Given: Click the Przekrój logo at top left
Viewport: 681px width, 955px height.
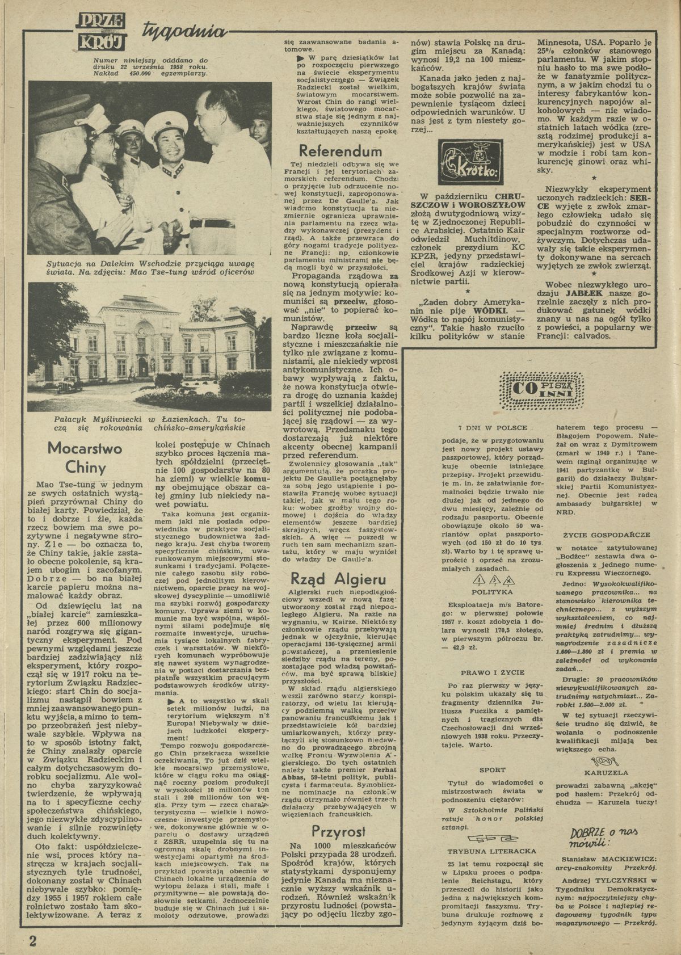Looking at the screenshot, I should point(104,32).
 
